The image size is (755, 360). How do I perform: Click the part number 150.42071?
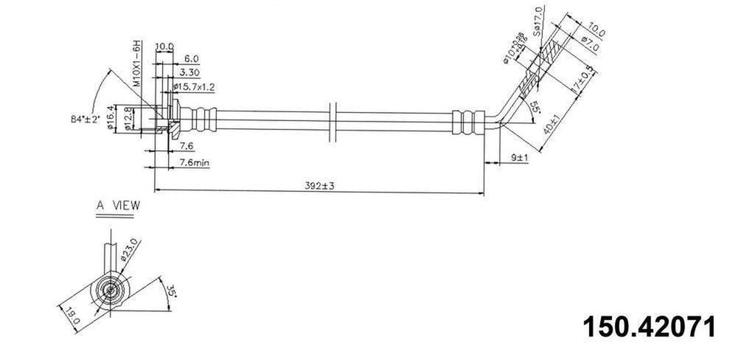pos(649,326)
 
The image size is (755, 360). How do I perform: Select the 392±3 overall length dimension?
pos(319,186)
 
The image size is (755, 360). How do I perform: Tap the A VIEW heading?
pos(117,207)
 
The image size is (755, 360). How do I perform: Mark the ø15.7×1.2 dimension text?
pos(193,86)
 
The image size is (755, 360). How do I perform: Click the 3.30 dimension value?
pos(189,73)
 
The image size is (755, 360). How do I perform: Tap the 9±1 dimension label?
pos(518,157)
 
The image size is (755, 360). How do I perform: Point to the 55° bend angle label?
pos(535,106)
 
